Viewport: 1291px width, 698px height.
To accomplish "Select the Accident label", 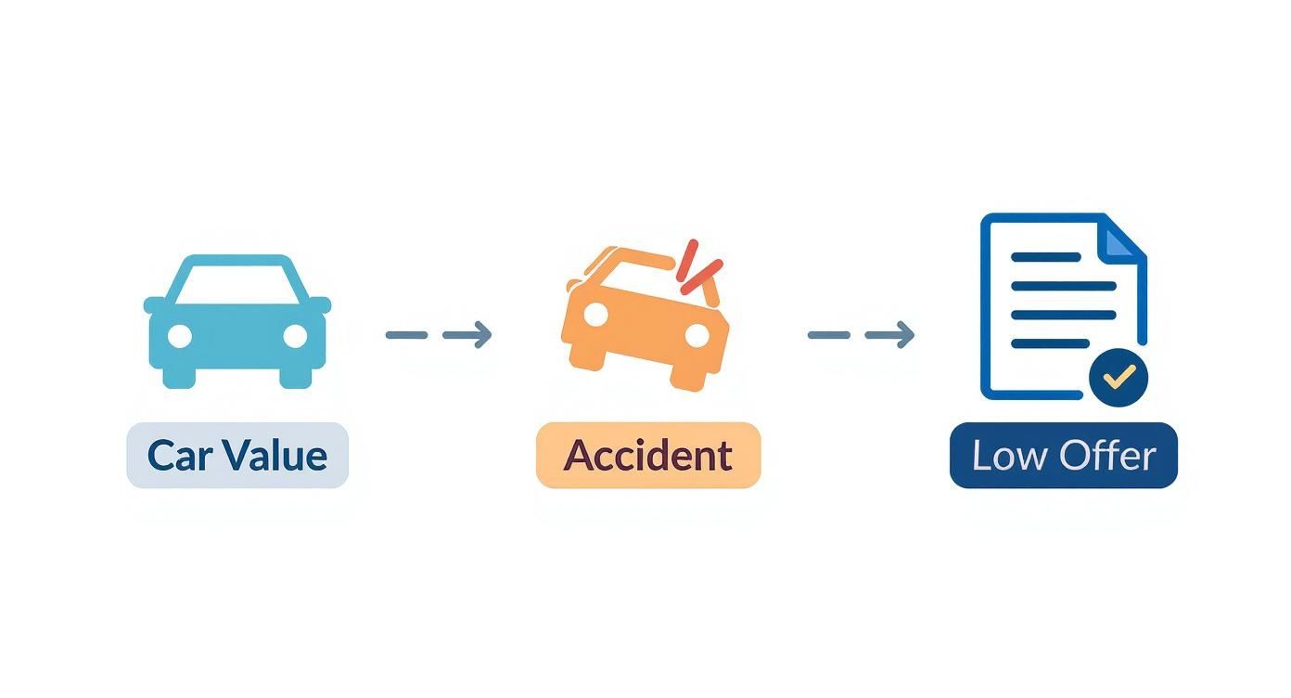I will click(648, 456).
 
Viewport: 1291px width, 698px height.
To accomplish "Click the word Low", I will click(1005, 456).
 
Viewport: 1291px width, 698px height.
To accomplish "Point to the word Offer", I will click(1108, 456).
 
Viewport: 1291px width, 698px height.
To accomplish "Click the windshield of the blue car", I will click(237, 282).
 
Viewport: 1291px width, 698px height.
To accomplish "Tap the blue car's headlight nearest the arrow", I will click(295, 336).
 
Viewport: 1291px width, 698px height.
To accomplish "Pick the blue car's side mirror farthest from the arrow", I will click(154, 304).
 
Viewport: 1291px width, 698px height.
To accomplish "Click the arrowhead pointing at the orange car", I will click(479, 335).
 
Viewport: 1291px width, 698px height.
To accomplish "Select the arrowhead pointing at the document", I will click(902, 335).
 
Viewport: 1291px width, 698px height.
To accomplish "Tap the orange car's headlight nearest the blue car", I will click(596, 316).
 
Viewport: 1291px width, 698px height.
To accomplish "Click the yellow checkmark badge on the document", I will click(1118, 377).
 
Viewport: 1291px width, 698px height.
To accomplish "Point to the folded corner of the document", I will click(1125, 238).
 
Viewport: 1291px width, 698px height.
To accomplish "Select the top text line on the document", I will click(1046, 257).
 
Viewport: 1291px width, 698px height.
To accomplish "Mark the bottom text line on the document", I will click(1049, 343).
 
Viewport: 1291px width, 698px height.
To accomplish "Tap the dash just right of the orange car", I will click(829, 335).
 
